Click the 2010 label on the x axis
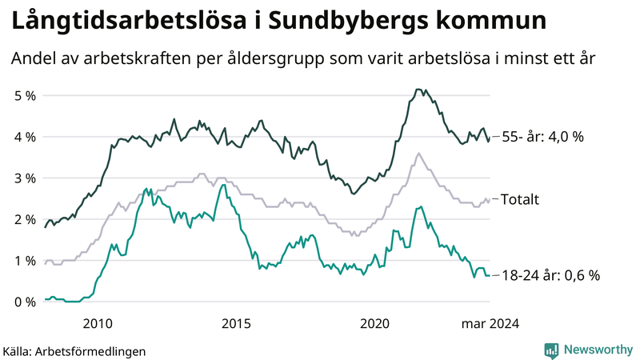coord(97,323)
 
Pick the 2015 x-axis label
coord(236,323)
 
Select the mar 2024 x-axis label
coord(490,323)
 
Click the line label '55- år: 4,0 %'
coord(542,137)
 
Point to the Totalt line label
coord(519,199)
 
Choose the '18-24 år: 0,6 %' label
coord(550,275)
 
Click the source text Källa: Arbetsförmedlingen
coord(74,350)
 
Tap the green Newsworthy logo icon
coord(551,350)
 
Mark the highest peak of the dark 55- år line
coord(418,89)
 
